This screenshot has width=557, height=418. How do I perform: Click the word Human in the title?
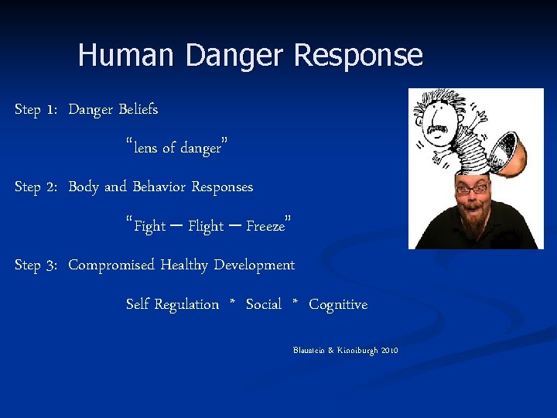[128, 56]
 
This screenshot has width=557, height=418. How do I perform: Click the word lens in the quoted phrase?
[145, 148]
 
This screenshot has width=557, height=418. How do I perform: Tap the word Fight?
[149, 226]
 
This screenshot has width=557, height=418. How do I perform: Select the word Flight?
[206, 226]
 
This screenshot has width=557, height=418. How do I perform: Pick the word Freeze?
[265, 226]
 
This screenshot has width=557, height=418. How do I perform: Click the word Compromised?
[111, 265]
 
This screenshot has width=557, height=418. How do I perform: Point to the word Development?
[254, 265]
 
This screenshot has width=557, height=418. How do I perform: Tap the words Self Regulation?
[172, 304]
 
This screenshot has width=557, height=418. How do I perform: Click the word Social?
[264, 304]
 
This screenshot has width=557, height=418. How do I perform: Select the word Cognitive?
[338, 304]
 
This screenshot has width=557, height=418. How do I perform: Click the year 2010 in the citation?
[388, 351]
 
